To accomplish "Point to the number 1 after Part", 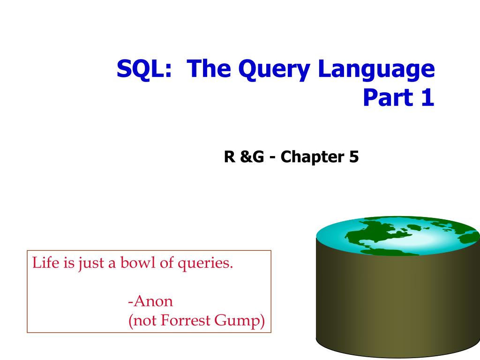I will click(x=427, y=97).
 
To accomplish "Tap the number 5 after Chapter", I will click(x=353, y=157).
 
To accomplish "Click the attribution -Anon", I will click(x=150, y=300).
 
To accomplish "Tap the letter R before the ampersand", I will click(x=229, y=157).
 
